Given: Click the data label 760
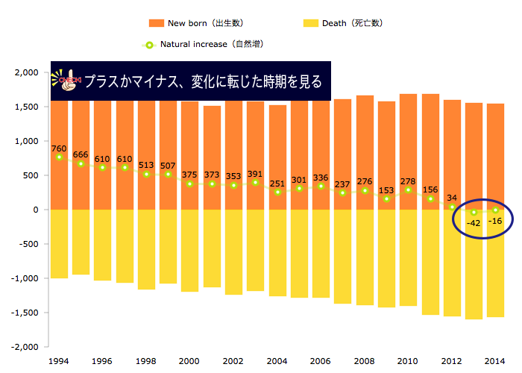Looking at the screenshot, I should pos(60,148).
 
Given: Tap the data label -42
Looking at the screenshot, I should pos(473,223).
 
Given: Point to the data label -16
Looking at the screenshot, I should pos(494,221).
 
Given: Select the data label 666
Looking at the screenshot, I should pos(81,154).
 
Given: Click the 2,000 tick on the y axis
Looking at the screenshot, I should pos(26,72).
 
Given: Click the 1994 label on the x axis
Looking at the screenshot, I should pos(59,360).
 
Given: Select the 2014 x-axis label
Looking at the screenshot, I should pos(495,360).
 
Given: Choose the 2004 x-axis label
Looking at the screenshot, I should pos(277,360).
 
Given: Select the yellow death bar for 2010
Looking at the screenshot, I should pos(408,257).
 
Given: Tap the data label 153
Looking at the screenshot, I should pos(386,189).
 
